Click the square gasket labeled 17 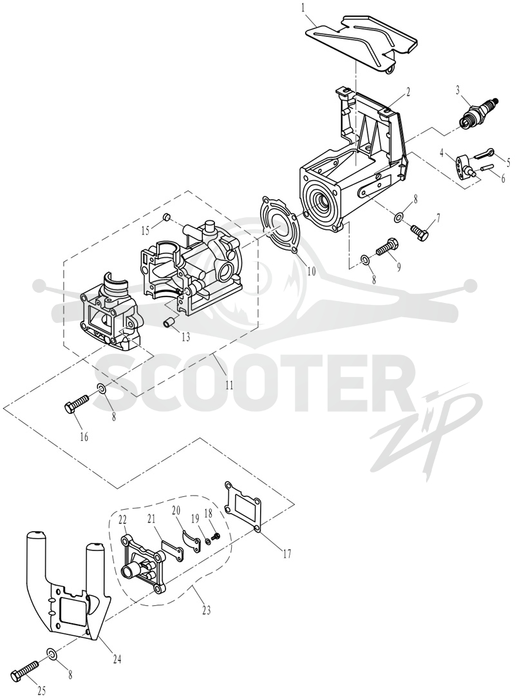[x=243, y=506]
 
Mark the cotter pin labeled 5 [x=483, y=153]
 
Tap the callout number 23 [x=206, y=610]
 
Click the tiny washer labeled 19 [x=208, y=541]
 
